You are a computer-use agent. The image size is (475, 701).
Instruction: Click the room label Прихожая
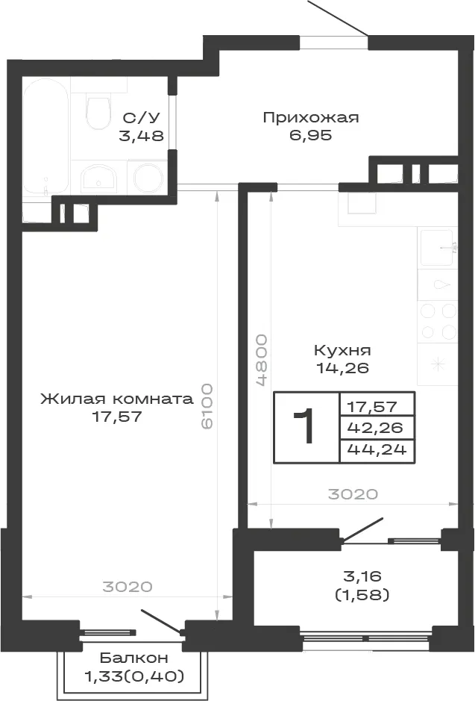tap(311, 118)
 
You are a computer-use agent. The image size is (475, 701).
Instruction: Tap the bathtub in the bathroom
tap(46, 137)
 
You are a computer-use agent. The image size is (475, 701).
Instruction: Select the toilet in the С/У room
tap(98, 109)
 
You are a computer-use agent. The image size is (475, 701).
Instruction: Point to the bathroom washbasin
tap(98, 178)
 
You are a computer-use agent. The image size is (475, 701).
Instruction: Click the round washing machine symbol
tap(148, 178)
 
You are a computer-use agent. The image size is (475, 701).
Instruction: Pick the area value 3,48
tap(141, 135)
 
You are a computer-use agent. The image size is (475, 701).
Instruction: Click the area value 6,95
tap(311, 135)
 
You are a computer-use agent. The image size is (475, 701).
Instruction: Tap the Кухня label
tap(342, 350)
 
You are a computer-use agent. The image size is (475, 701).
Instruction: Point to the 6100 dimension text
tap(207, 405)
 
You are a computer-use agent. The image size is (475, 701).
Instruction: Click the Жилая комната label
tap(117, 399)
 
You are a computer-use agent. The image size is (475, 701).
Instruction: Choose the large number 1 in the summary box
tap(304, 427)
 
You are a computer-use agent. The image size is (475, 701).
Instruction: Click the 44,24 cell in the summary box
tap(377, 449)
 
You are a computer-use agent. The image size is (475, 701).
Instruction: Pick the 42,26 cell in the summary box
tap(375, 428)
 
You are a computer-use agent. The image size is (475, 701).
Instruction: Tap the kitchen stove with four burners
tap(438, 321)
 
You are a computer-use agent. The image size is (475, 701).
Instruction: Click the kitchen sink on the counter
tap(438, 247)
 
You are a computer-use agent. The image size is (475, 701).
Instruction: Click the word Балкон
tap(134, 658)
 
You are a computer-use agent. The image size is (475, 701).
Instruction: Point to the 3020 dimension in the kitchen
tap(353, 494)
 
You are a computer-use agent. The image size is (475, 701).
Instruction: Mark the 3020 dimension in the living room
tap(128, 586)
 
